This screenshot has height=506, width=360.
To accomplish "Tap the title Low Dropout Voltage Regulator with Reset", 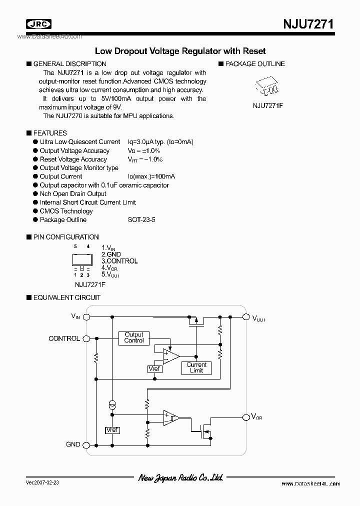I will (180, 51).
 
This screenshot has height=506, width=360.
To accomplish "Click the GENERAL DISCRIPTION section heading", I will (69, 64).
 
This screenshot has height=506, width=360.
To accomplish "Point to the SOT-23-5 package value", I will (141, 219).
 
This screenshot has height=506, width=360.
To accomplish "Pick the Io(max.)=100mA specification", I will (151, 176).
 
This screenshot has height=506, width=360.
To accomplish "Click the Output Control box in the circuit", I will (134, 337).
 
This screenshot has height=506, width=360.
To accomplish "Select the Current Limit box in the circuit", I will (196, 367).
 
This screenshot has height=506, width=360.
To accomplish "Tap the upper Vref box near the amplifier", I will (155, 369).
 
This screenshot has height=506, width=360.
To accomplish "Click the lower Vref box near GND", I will (112, 430).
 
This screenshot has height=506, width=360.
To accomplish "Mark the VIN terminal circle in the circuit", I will (86, 316).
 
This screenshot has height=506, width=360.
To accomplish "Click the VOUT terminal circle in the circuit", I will (245, 316).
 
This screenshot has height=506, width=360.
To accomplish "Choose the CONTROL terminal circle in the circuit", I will (86, 338).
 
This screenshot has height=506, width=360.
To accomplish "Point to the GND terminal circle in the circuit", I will (86, 444).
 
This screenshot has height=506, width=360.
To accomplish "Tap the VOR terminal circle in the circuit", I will (245, 417).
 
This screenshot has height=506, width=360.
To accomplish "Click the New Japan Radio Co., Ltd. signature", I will (180, 477).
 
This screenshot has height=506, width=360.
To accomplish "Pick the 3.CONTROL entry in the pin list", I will (119, 261).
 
